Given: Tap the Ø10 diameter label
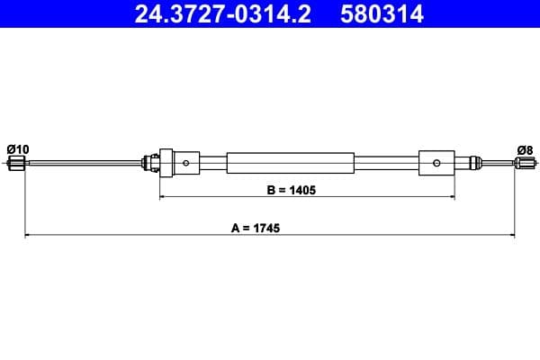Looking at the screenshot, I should (17, 148).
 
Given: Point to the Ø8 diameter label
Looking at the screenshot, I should (525, 148).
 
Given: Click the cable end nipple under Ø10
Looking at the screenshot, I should (17, 163).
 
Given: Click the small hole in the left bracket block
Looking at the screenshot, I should (185, 163).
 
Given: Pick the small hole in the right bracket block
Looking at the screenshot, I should (436, 163).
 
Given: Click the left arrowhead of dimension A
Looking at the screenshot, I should (27, 235).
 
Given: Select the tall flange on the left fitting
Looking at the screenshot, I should (162, 163).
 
